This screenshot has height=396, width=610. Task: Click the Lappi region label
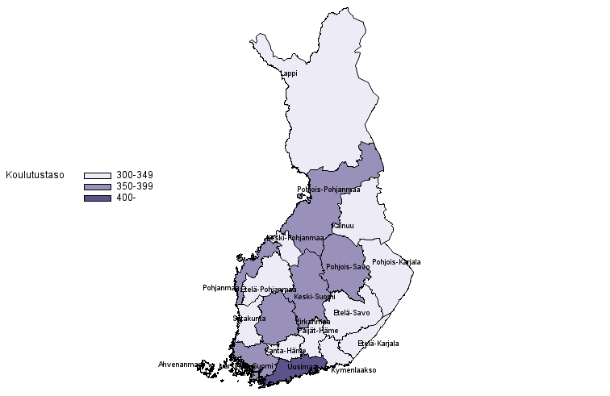pyautogui.click(x=289, y=73)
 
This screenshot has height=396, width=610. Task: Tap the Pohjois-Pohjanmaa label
pyautogui.click(x=328, y=190)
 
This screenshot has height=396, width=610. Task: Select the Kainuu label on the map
pyautogui.click(x=343, y=226)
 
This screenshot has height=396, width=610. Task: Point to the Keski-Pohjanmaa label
pyautogui.click(x=295, y=238)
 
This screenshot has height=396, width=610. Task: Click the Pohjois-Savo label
pyautogui.click(x=348, y=267)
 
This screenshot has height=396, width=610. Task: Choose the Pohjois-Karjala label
pyautogui.click(x=396, y=262)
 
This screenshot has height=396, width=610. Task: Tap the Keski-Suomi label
pyautogui.click(x=315, y=297)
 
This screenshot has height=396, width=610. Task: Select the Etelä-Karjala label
pyautogui.click(x=378, y=344)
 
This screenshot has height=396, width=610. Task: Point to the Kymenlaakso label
pyautogui.click(x=353, y=370)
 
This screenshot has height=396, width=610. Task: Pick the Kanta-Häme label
pyautogui.click(x=286, y=351)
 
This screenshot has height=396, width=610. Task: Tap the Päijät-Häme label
pyautogui.click(x=318, y=331)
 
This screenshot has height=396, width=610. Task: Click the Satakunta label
pyautogui.click(x=249, y=319)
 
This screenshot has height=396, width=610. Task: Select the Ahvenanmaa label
pyautogui.click(x=181, y=364)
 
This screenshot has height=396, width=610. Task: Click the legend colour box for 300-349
pyautogui.click(x=97, y=175)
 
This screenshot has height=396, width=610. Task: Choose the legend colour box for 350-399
pyautogui.click(x=97, y=187)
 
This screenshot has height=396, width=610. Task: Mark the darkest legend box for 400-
pyautogui.click(x=97, y=198)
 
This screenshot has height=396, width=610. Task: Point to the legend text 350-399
pyautogui.click(x=135, y=186)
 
